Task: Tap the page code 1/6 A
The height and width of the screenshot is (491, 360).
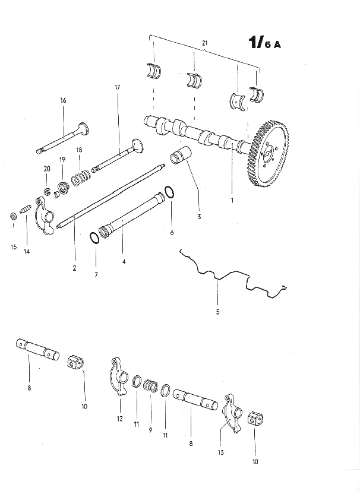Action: (x=265, y=43)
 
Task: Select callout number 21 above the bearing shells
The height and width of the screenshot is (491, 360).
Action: (x=204, y=43)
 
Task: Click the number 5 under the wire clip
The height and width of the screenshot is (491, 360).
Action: (x=218, y=312)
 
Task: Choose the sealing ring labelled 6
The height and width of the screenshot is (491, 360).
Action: (x=169, y=192)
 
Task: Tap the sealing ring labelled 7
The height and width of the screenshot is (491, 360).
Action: (x=94, y=237)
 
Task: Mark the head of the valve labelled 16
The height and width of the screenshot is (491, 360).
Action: (x=83, y=129)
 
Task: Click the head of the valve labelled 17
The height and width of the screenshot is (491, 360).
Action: (x=138, y=147)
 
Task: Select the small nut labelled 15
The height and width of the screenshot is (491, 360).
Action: (x=13, y=216)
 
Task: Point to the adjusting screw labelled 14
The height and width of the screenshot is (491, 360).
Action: (x=26, y=208)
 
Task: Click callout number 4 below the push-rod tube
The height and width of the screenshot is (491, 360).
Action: (x=124, y=261)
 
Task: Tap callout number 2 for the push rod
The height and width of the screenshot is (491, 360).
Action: (x=74, y=268)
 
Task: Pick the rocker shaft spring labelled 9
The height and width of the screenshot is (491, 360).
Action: (x=150, y=386)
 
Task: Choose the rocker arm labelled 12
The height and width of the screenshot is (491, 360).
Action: (x=119, y=376)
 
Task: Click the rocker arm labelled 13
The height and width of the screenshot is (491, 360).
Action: (x=232, y=414)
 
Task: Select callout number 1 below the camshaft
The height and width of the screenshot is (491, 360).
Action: (x=232, y=200)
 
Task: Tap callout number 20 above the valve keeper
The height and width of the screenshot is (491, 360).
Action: (x=47, y=169)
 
